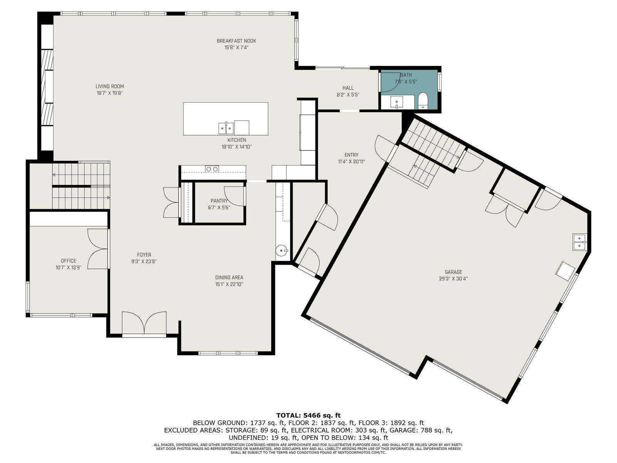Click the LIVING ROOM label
click(110, 86)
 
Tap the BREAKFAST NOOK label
click(236, 41)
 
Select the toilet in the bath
click(423, 101)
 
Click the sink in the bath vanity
click(397, 102)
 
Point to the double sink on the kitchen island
click(226, 128)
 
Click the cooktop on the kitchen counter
click(212, 169)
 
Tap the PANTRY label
click(219, 201)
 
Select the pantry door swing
click(234, 196)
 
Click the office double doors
click(98, 249)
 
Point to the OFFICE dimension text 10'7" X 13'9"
click(68, 268)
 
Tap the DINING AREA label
click(229, 277)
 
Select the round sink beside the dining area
click(282, 250)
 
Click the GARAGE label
click(453, 272)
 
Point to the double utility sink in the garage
click(580, 242)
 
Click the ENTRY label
click(351, 155)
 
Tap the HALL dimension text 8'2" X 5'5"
click(348, 95)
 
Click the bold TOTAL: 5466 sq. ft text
click(308, 415)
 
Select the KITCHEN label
click(237, 140)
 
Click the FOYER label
click(144, 255)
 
